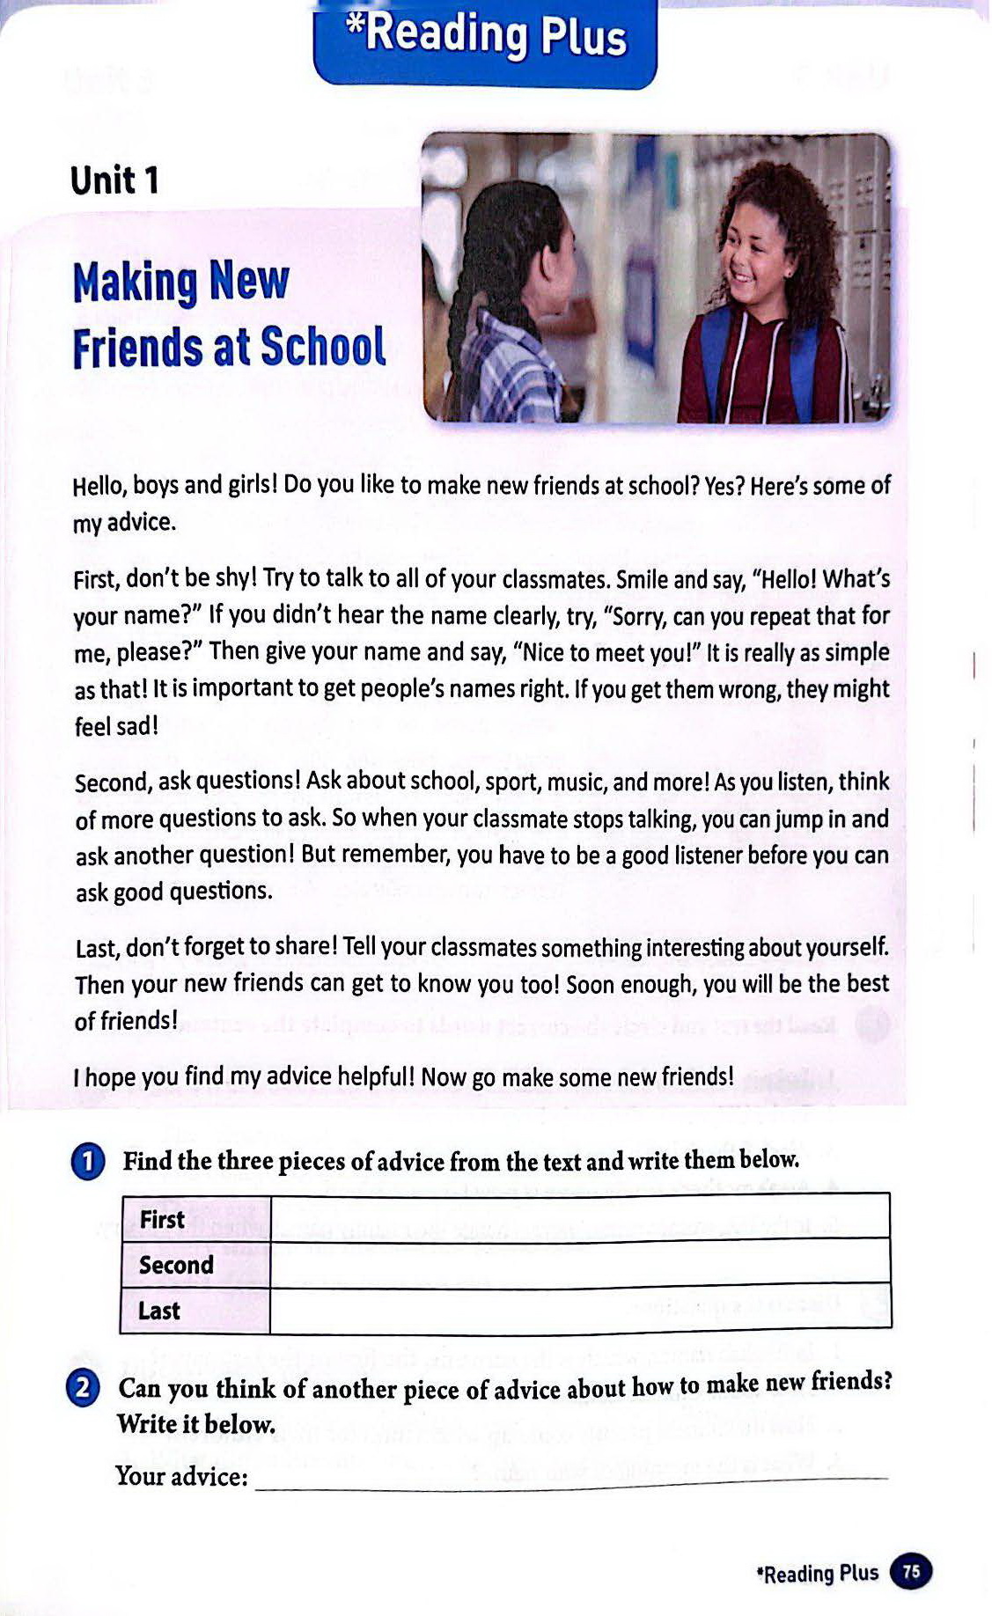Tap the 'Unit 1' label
pyautogui.click(x=114, y=180)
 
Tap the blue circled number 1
pyautogui.click(x=88, y=1162)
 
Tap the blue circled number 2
pyautogui.click(x=83, y=1389)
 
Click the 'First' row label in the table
pyautogui.click(x=162, y=1220)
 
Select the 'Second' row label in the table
pyautogui.click(x=176, y=1265)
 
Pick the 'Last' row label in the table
pyautogui.click(x=158, y=1311)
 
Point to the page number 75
pyautogui.click(x=912, y=1572)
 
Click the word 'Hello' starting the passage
pyautogui.click(x=98, y=486)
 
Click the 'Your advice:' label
pyautogui.click(x=181, y=1476)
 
